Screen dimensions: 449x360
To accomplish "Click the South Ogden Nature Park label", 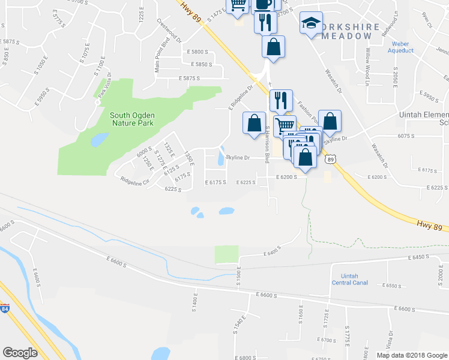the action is click(131, 119).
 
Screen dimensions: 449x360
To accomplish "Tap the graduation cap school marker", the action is click(310, 23).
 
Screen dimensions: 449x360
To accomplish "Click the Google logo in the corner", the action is click(20, 353).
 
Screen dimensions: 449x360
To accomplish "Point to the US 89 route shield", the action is click(330, 159).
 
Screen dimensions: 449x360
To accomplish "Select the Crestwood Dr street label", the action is click(169, 30).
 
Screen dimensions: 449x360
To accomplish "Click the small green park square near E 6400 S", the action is click(226, 254).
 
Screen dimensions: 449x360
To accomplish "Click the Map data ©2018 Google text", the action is click(411, 355).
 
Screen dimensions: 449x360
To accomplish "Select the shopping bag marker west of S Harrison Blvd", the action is click(253, 122).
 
